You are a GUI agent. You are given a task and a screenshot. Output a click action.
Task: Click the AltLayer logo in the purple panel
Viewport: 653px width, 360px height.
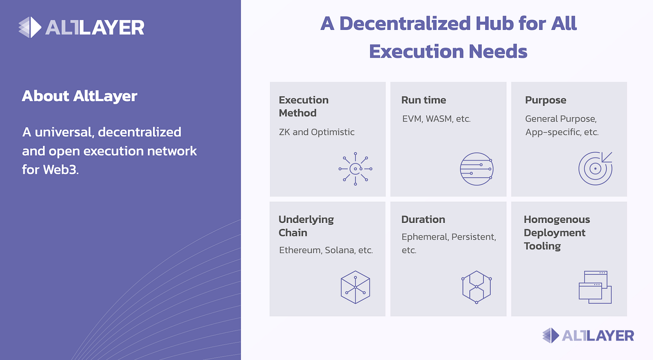click(x=82, y=27)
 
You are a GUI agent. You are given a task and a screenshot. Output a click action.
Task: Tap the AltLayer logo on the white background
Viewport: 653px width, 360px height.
click(x=588, y=335)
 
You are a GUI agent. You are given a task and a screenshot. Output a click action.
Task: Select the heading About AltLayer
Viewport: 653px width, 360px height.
click(x=79, y=96)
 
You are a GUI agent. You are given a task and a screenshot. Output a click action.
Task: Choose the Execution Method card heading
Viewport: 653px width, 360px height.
click(x=303, y=106)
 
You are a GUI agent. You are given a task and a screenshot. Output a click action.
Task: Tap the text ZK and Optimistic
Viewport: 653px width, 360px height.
click(x=317, y=132)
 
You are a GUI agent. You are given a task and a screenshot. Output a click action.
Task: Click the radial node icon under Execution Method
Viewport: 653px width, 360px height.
click(x=355, y=169)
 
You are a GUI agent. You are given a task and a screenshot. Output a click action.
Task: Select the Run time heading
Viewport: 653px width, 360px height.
click(x=424, y=100)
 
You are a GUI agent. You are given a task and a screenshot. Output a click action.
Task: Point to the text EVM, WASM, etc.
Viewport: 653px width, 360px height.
click(x=436, y=119)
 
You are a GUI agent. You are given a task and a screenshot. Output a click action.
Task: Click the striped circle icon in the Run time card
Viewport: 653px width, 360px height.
click(x=476, y=169)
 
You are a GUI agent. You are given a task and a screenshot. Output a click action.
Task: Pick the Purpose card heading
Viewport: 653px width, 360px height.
click(x=545, y=100)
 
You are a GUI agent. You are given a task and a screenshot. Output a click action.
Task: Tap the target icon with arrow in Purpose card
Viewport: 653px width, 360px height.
click(x=595, y=168)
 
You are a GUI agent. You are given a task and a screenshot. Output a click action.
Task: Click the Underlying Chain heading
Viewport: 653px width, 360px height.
click(x=306, y=226)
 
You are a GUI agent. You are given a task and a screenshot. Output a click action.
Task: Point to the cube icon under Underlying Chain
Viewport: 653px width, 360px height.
click(x=355, y=287)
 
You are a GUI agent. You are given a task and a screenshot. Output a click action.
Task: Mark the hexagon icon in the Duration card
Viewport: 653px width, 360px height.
click(x=476, y=287)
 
